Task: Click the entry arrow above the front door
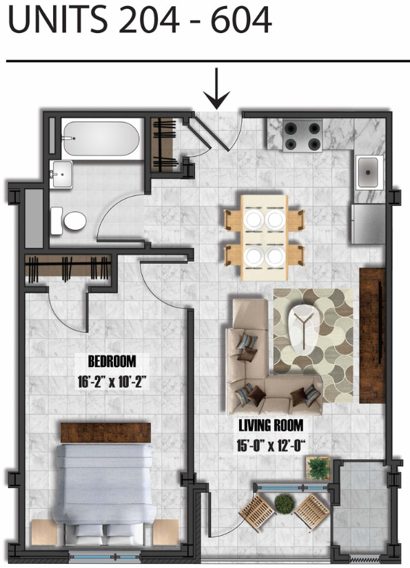[x=216, y=89]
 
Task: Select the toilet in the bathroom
[x=68, y=220]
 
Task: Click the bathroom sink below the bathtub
[x=62, y=174]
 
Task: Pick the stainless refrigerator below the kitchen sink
[x=367, y=224]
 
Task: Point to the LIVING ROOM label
[x=270, y=425]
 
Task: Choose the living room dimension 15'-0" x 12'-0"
[x=270, y=445]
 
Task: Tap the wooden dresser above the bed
[x=105, y=432]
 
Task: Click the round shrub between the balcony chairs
[x=285, y=503]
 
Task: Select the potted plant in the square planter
[x=318, y=468]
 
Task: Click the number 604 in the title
[x=241, y=21]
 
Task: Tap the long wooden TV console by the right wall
[x=372, y=335]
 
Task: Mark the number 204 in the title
[x=149, y=21]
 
